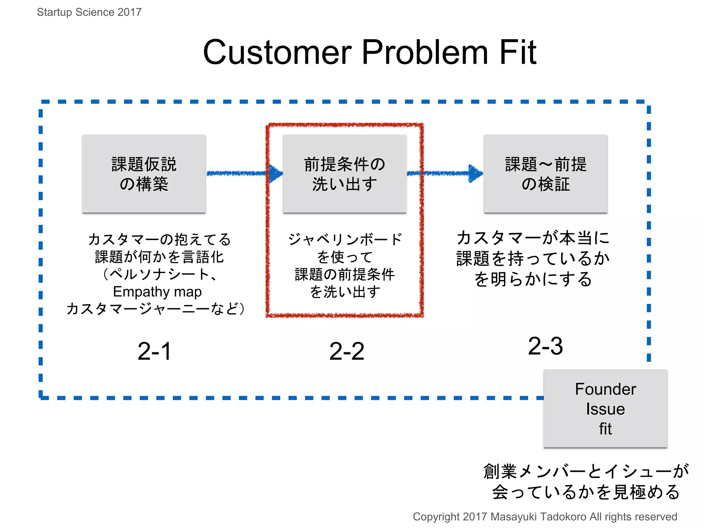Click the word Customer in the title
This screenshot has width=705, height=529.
[x=277, y=52]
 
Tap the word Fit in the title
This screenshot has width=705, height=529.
[x=518, y=52]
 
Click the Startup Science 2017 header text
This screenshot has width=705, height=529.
[x=89, y=12]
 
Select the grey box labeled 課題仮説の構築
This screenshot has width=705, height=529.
[x=144, y=174]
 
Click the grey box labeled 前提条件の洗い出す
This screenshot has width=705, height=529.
[x=345, y=174]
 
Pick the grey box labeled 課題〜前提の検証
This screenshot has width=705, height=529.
[x=546, y=174]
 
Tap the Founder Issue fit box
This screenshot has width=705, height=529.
[x=605, y=409]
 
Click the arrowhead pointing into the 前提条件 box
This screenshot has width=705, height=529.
[x=275, y=173]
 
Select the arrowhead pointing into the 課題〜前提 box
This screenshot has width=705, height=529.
[x=476, y=173]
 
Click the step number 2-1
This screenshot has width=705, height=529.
[x=154, y=351]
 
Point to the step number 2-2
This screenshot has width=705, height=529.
[x=347, y=351]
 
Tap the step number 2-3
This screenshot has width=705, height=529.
[x=545, y=346]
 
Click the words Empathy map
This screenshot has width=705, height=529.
[x=157, y=292]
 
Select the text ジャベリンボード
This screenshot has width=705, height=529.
[x=345, y=239]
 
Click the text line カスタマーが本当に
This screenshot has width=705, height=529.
[x=533, y=238]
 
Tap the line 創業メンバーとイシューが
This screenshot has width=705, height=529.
[x=586, y=471]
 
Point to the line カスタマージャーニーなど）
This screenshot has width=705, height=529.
[x=156, y=309]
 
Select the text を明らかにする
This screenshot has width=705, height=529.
[x=533, y=279]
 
